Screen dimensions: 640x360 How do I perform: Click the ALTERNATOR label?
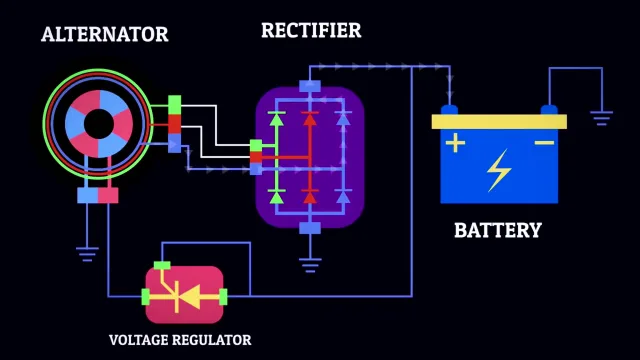(x=104, y=34)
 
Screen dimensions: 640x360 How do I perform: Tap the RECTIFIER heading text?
(x=311, y=30)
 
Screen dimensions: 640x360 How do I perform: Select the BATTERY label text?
(x=498, y=230)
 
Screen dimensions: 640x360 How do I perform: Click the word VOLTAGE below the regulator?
(x=138, y=340)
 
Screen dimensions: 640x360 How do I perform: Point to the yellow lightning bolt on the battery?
(x=499, y=170)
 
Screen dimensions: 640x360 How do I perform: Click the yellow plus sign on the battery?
(x=455, y=142)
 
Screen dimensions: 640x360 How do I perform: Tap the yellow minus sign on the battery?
(x=544, y=142)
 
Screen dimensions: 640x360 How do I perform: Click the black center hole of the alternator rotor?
(x=98, y=124)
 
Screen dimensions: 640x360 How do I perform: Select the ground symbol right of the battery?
(x=601, y=118)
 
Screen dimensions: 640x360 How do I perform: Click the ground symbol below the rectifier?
(x=310, y=265)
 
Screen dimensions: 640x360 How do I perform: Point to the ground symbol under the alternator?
(x=87, y=254)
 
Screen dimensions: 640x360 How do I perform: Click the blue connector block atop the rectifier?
(x=310, y=86)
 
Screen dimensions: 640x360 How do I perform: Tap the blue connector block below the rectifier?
(x=310, y=228)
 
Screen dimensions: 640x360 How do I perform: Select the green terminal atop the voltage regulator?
(x=162, y=266)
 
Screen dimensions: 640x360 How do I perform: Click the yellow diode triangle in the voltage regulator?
(x=190, y=297)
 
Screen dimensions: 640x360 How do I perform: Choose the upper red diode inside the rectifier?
(x=310, y=119)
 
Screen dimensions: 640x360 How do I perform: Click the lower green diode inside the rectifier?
(x=277, y=196)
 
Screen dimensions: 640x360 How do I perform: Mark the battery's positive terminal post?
(x=449, y=110)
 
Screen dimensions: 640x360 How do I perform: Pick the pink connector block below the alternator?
(x=108, y=196)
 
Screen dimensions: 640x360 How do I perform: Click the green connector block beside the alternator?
(x=175, y=105)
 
